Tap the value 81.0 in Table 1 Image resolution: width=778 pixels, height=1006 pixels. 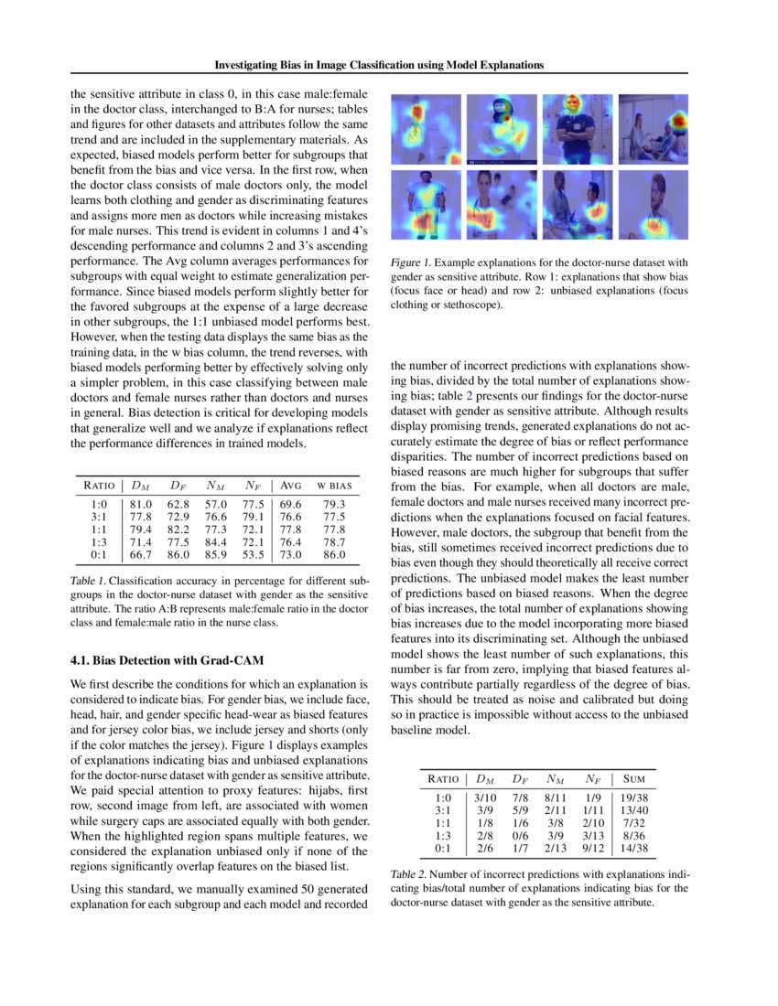[x=141, y=503]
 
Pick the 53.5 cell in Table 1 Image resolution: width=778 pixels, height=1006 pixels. [x=253, y=554]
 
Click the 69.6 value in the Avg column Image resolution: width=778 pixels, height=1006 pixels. [x=291, y=503]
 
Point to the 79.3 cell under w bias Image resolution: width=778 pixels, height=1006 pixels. [x=334, y=503]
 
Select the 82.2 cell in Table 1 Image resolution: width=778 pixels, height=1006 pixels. [x=178, y=529]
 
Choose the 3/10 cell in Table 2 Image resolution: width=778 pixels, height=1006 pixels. [x=486, y=797]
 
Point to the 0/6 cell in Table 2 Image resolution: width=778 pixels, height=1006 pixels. [x=521, y=836]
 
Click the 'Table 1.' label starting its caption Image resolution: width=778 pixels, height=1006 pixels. [x=89, y=581]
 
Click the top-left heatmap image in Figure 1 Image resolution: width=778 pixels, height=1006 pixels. [x=426, y=129]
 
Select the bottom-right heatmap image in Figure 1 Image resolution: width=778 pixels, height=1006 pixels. [x=653, y=204]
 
